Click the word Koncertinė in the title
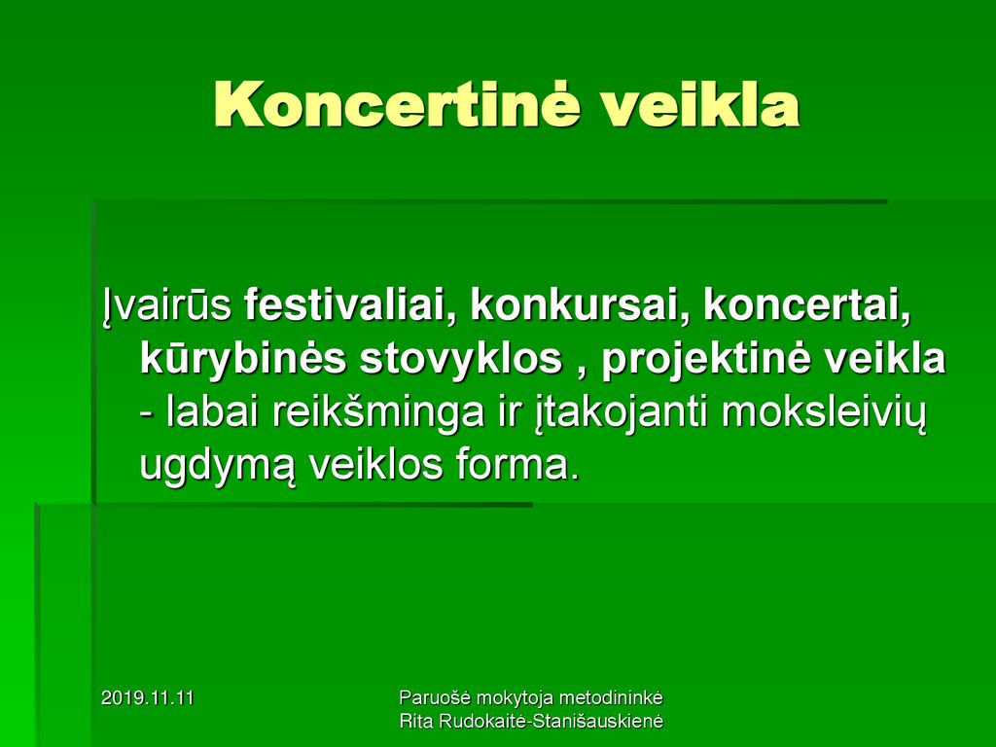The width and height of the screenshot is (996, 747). [x=397, y=105]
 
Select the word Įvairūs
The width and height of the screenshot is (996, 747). [x=167, y=306]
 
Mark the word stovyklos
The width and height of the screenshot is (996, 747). [x=461, y=360]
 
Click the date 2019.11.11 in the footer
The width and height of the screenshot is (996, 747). [x=148, y=698]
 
